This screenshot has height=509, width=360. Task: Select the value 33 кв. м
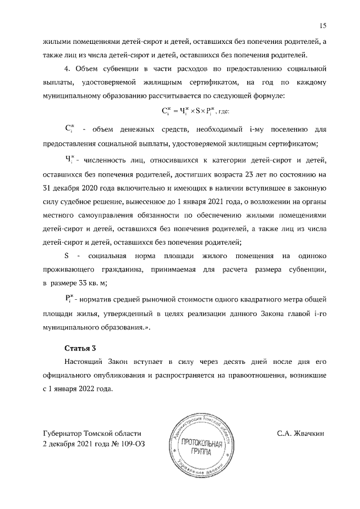[92, 283]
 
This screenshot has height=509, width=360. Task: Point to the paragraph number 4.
[67, 69]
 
